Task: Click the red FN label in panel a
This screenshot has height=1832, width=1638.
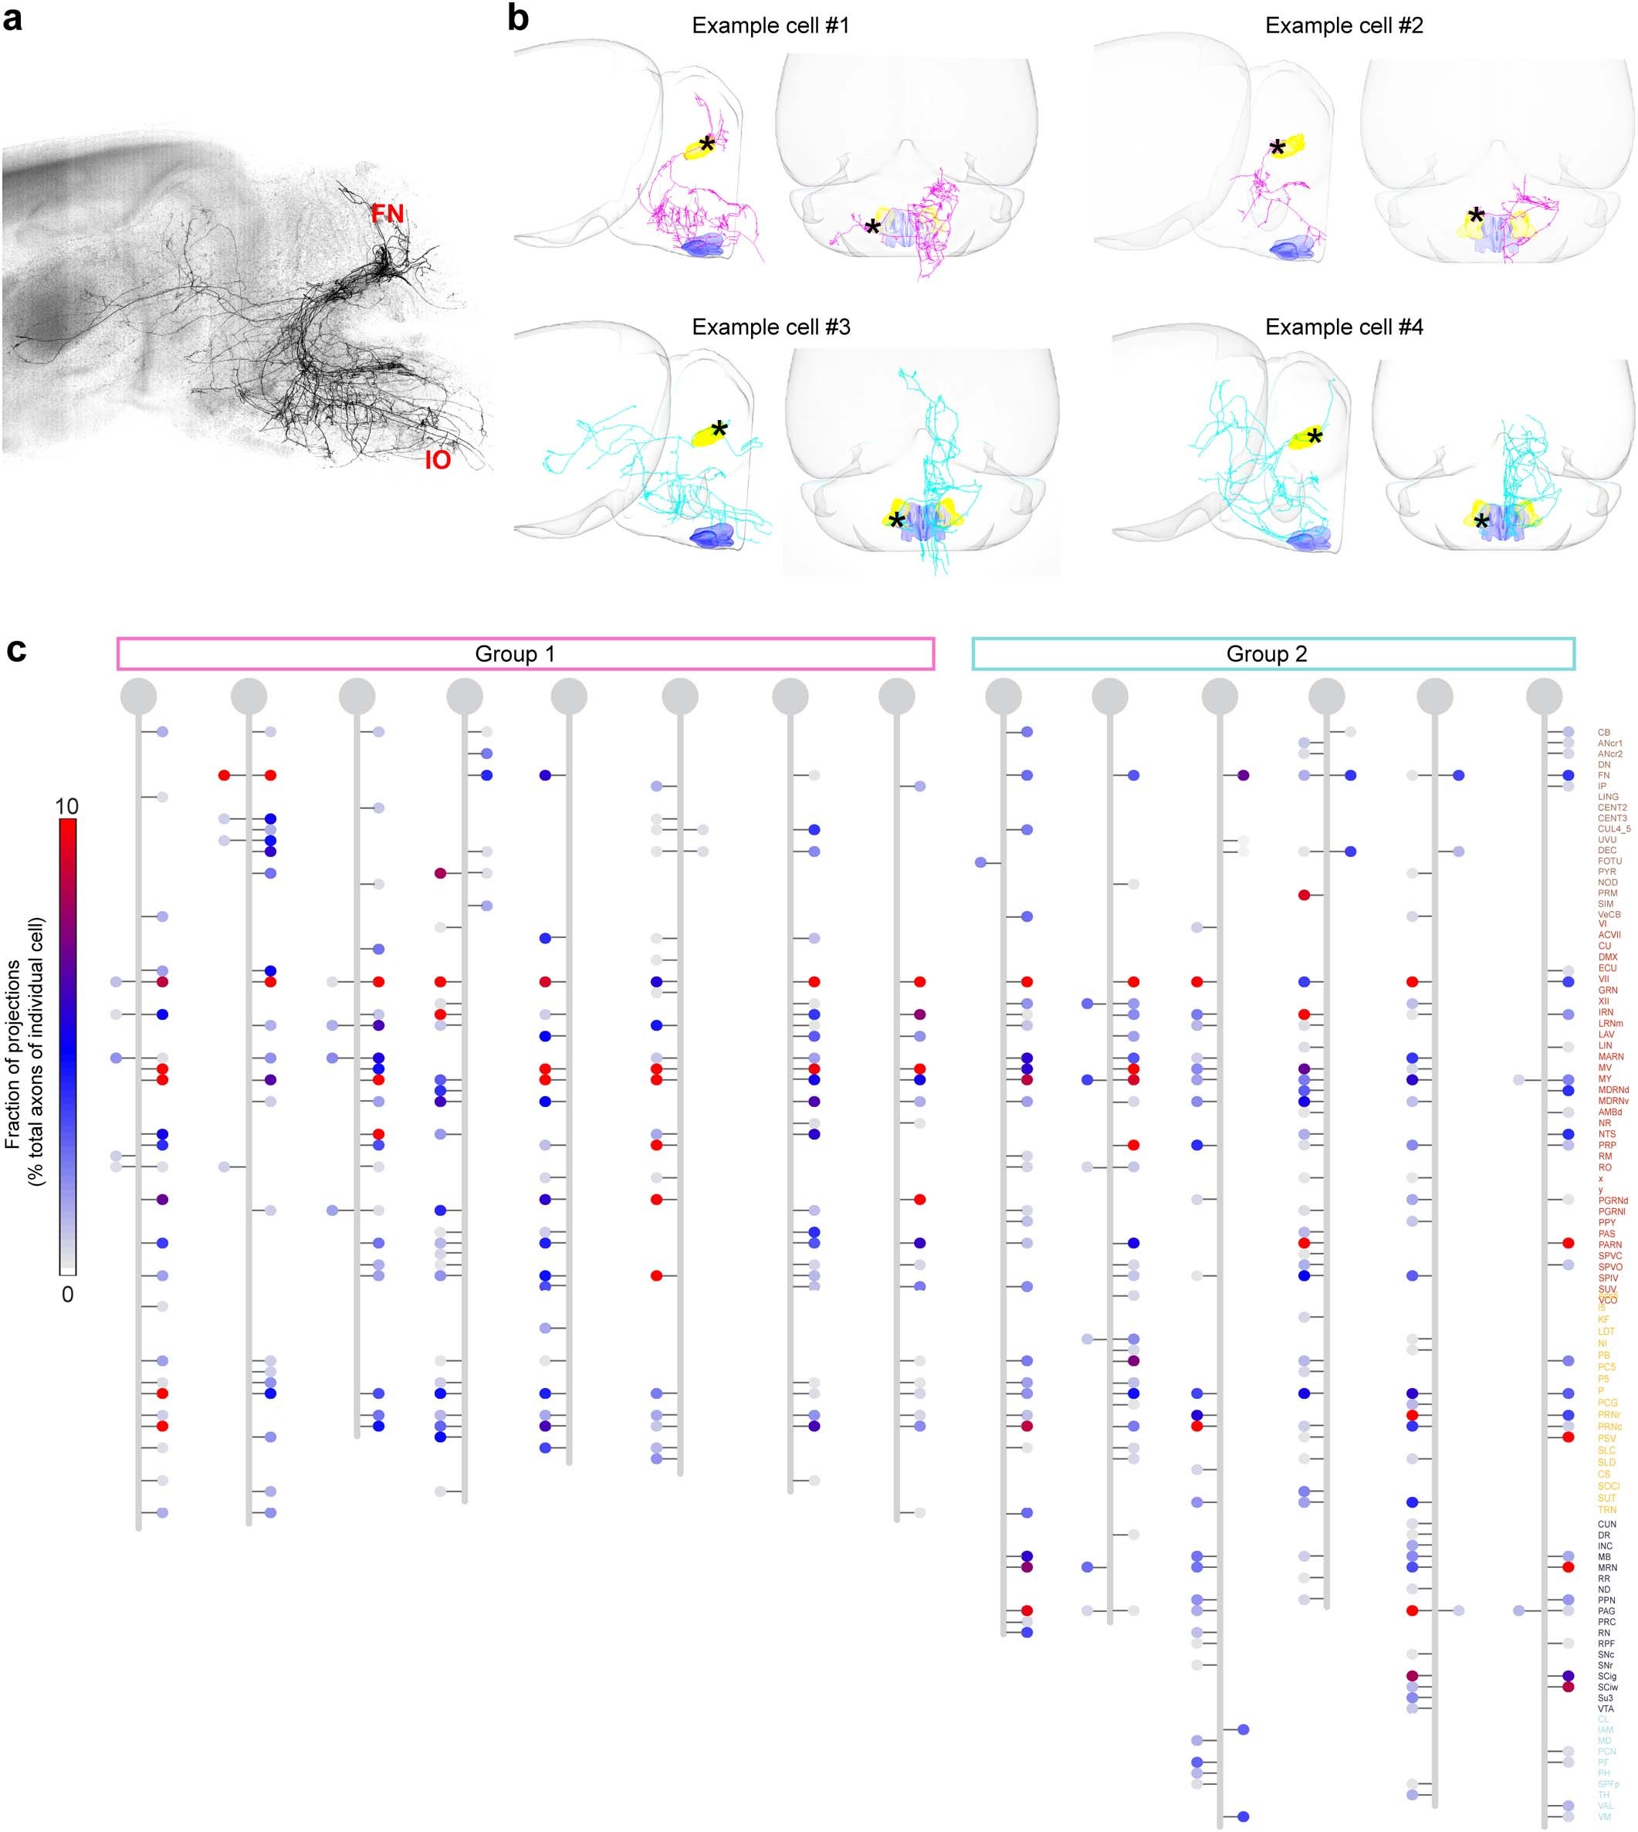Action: pyautogui.click(x=388, y=215)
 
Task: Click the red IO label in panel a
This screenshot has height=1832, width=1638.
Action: pyautogui.click(x=438, y=460)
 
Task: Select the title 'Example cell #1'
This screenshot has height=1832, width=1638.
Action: pyautogui.click(x=770, y=25)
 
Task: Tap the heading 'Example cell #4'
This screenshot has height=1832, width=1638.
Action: pyautogui.click(x=1344, y=327)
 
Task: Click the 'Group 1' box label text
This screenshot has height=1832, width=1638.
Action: pyautogui.click(x=515, y=654)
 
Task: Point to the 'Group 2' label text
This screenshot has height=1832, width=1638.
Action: pyautogui.click(x=1266, y=654)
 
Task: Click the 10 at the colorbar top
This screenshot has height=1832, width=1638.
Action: pyautogui.click(x=66, y=806)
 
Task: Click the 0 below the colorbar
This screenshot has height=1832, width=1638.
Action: pyautogui.click(x=67, y=1295)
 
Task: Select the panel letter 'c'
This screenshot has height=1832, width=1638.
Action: pyautogui.click(x=16, y=649)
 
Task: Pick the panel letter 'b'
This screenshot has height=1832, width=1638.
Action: pyautogui.click(x=519, y=17)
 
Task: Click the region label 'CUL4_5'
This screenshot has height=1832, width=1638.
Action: pyautogui.click(x=1614, y=829)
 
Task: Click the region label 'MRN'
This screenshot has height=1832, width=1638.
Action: pyautogui.click(x=1607, y=1567)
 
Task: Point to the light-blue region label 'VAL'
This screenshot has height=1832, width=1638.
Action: pyautogui.click(x=1606, y=1806)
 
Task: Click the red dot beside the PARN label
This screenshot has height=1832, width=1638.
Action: pyautogui.click(x=1569, y=1243)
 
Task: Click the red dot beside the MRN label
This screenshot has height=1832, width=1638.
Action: pyautogui.click(x=1569, y=1567)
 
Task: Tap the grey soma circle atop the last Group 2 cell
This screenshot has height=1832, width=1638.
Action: pyautogui.click(x=1545, y=696)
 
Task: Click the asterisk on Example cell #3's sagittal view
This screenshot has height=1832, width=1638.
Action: pyautogui.click(x=718, y=429)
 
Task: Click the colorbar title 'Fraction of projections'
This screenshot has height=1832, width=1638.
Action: pyautogui.click(x=12, y=1053)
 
